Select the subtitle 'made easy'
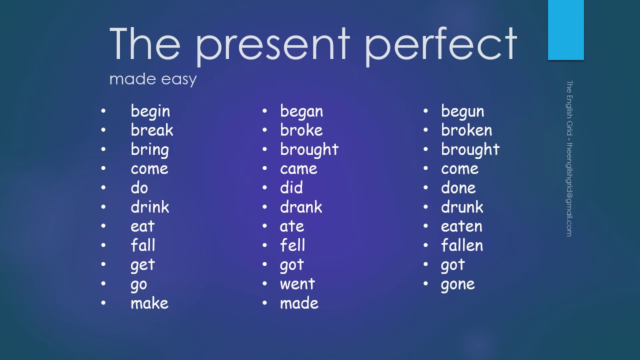[153, 79]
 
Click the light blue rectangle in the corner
[565, 30]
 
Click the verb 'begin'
[150, 111]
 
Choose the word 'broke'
[301, 130]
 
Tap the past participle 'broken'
[466, 130]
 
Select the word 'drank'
[301, 206]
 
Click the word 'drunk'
[462, 206]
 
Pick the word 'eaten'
[461, 226]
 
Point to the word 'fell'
[292, 245]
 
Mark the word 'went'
[297, 284]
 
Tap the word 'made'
[299, 302]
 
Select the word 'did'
[291, 187]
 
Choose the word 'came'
[298, 169]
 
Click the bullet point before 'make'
[103, 302]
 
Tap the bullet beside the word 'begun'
[425, 110]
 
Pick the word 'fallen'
[462, 245]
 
